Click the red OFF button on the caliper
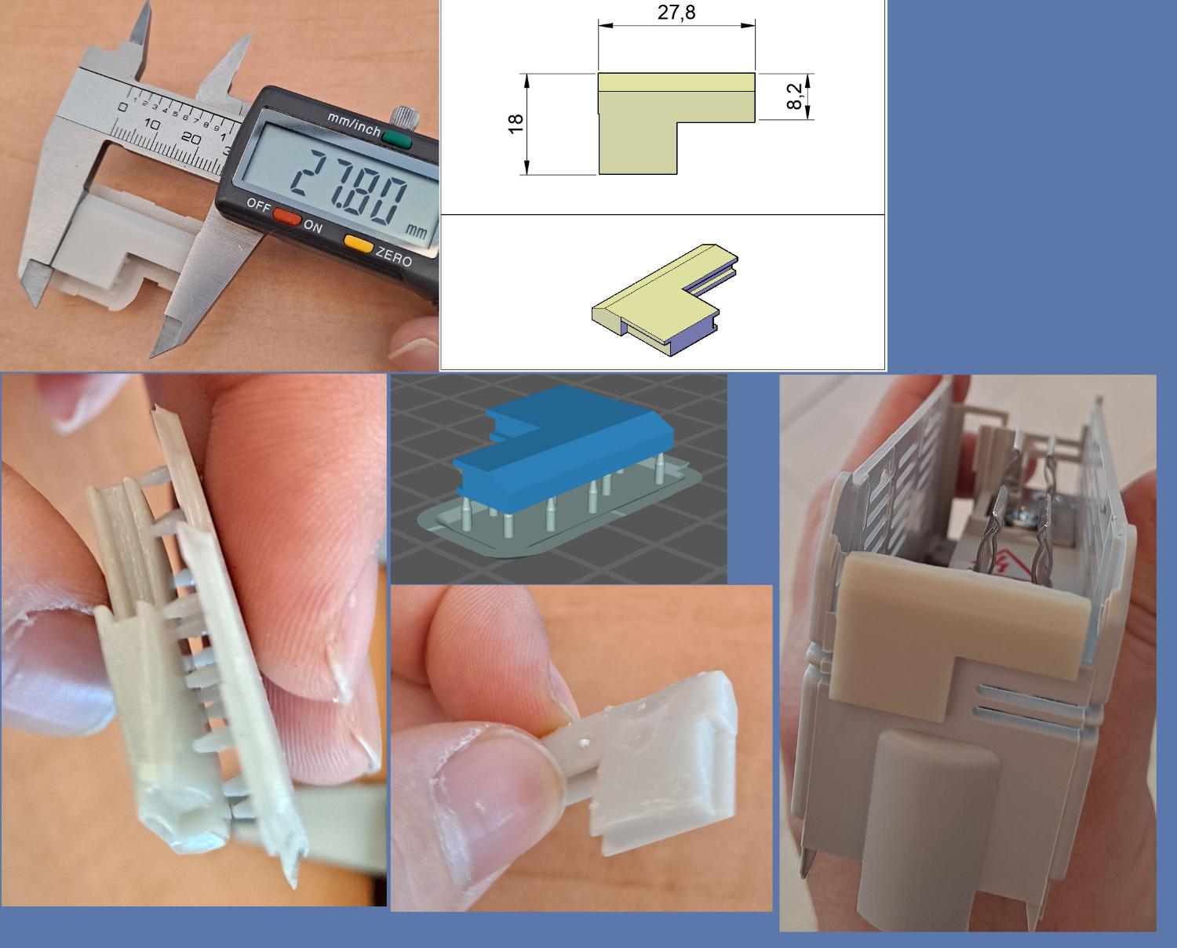pos(287,216)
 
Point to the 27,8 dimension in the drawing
pos(676,12)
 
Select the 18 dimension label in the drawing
pos(516,123)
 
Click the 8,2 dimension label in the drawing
pos(795,96)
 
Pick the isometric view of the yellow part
pos(665,299)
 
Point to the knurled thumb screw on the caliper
pos(403,116)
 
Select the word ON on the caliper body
pos(313,226)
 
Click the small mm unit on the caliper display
pos(415,231)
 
